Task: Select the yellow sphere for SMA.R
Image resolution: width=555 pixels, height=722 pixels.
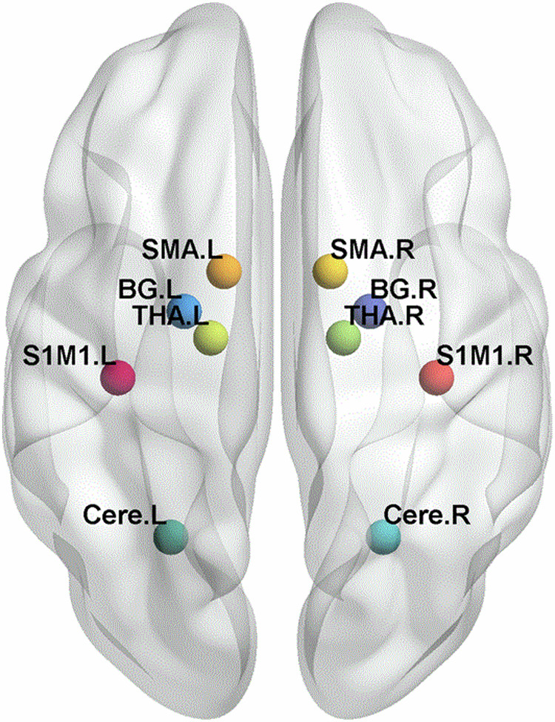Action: (x=330, y=271)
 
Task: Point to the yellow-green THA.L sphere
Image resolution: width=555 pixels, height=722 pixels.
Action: (x=210, y=338)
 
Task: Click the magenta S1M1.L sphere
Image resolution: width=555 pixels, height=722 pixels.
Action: (x=118, y=378)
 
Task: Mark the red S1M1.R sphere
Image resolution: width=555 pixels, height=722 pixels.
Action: (x=436, y=378)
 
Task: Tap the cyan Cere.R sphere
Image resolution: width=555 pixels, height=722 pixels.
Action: (x=384, y=537)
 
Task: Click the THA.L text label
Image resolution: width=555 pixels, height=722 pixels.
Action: (x=169, y=315)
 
